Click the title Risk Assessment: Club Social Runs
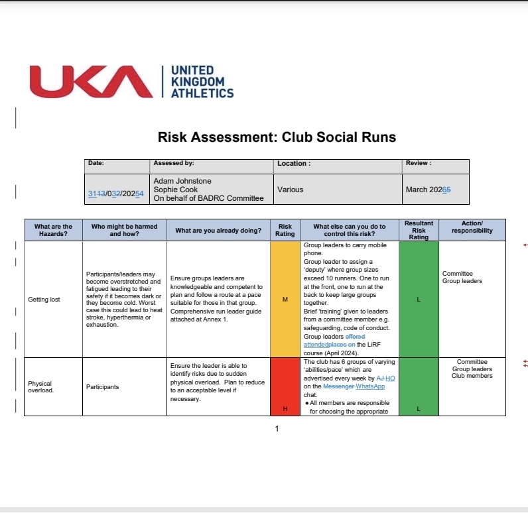click(277, 137)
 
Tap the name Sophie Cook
click(175, 190)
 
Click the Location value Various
click(290, 190)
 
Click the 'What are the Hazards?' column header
click(53, 230)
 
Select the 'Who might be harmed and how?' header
click(124, 230)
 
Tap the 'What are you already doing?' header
click(218, 231)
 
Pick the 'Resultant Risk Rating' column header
click(419, 230)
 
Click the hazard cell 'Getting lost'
click(44, 300)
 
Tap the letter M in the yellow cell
click(285, 300)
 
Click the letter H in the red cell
click(285, 408)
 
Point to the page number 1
click(277, 429)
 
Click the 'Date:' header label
click(96, 163)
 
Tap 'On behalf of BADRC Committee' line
click(208, 198)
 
